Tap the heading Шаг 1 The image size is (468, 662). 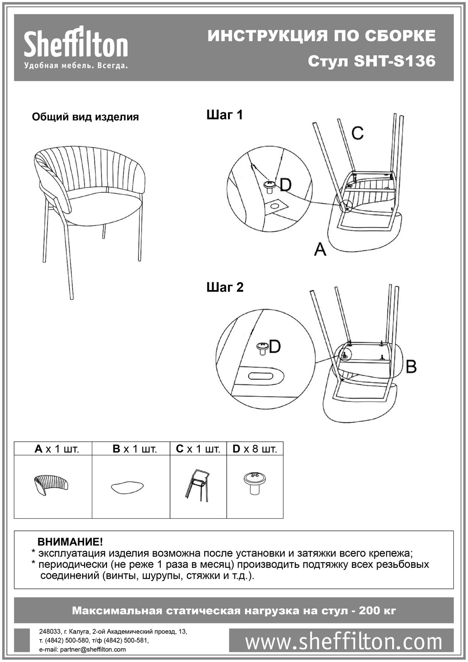(x=224, y=115)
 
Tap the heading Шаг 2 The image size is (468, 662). (x=225, y=287)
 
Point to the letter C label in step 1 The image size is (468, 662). (x=357, y=133)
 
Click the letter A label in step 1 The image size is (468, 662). (x=320, y=249)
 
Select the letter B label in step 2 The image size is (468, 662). (x=411, y=366)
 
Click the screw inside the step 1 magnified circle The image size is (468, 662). (x=269, y=186)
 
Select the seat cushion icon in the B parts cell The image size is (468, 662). (x=128, y=487)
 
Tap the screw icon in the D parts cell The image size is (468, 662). (x=255, y=483)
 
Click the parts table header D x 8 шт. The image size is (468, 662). (x=255, y=449)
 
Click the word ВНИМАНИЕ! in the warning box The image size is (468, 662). (x=70, y=542)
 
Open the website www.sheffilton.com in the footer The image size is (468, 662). (x=344, y=641)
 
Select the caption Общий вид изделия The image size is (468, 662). (x=85, y=117)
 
